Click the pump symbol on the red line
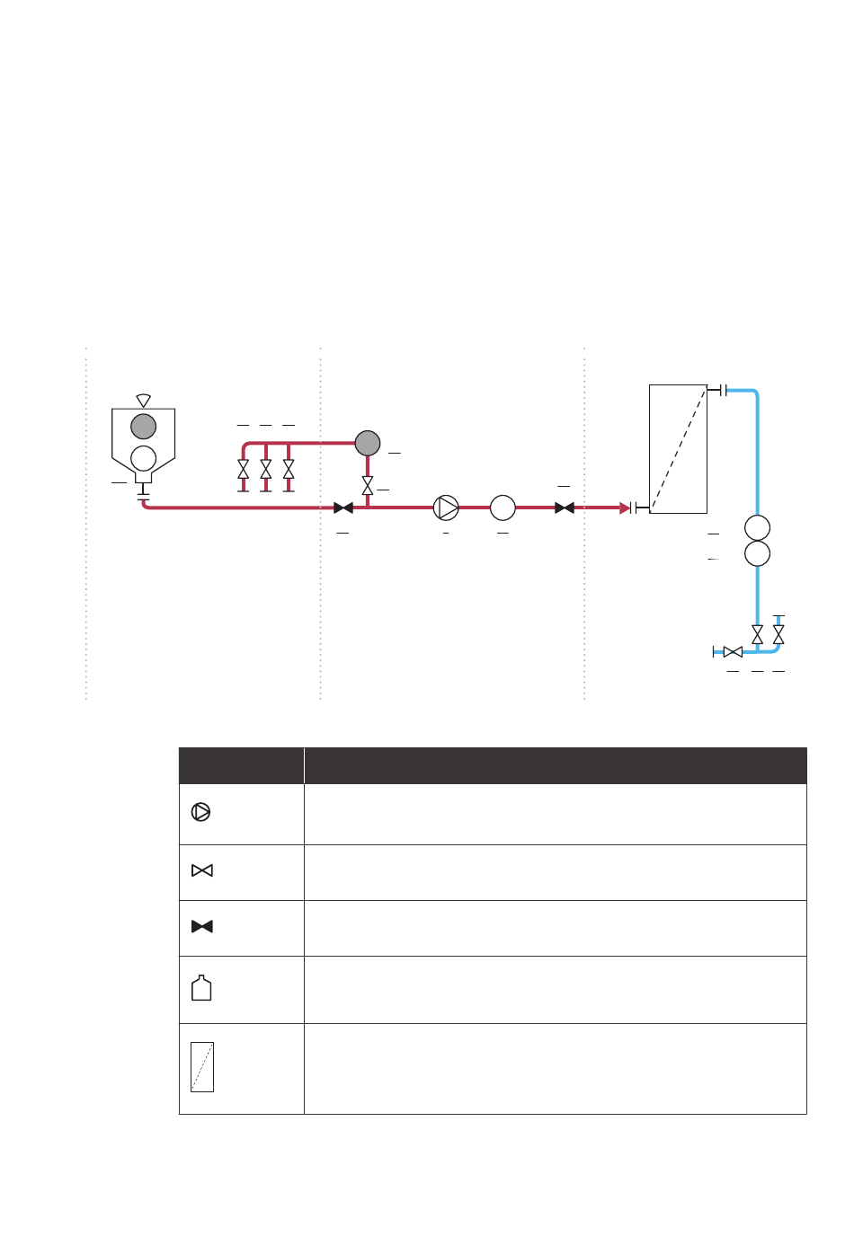click(446, 508)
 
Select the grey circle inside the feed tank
click(144, 426)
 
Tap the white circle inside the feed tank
click(144, 458)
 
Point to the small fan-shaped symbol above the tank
click(144, 400)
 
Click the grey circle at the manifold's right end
click(368, 443)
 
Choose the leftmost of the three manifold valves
click(243, 469)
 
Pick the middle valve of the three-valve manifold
click(266, 469)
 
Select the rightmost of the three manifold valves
click(289, 469)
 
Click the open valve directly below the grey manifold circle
click(368, 486)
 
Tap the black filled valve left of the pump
click(342, 508)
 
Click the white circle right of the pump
click(503, 508)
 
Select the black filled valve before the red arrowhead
click(565, 508)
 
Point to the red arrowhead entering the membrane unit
click(626, 508)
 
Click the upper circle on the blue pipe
click(758, 527)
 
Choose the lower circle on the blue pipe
click(758, 553)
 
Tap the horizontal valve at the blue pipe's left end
click(733, 651)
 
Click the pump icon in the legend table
click(201, 812)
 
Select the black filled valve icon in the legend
click(202, 926)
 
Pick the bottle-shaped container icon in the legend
click(202, 988)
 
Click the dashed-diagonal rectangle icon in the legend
click(202, 1067)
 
